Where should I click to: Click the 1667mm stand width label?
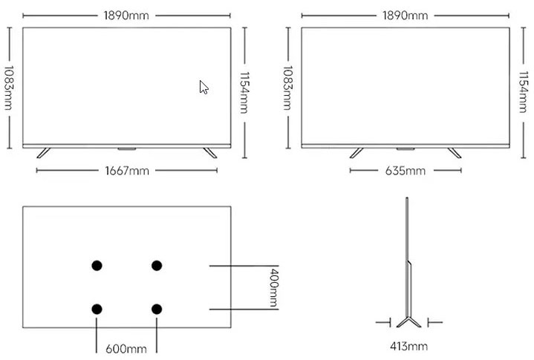(127, 171)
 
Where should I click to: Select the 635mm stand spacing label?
(405, 171)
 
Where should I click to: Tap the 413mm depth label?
(408, 346)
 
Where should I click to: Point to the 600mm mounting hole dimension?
(126, 348)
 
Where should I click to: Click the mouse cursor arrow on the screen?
(203, 87)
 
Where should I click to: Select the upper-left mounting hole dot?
(97, 266)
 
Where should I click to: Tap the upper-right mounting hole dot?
(157, 266)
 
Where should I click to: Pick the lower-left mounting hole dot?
(97, 309)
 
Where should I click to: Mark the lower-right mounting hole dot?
(157, 309)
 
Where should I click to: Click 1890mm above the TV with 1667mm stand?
(127, 16)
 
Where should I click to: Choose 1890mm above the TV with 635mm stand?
(405, 16)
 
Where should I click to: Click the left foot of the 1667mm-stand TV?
(44, 152)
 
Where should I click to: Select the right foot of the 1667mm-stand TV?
(209, 152)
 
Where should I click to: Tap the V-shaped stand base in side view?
(408, 321)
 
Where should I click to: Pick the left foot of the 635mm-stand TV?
(357, 152)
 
